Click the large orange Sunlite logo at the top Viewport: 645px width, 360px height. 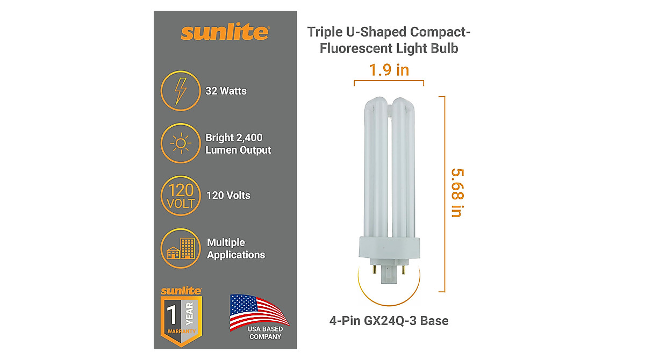click(x=224, y=32)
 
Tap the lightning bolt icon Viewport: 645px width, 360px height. click(x=181, y=91)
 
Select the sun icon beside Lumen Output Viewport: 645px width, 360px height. click(x=181, y=143)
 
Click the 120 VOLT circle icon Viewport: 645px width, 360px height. click(x=181, y=196)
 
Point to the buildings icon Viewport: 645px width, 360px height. click(x=181, y=248)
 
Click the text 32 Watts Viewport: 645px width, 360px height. click(x=226, y=91)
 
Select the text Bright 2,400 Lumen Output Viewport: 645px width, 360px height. click(x=238, y=144)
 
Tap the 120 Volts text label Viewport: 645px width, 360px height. click(x=228, y=196)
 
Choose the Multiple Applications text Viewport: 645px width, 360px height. click(x=236, y=249)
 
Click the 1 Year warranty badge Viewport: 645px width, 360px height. click(x=181, y=315)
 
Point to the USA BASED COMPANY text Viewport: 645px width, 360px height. click(x=265, y=333)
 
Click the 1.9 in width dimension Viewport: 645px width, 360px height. click(x=389, y=70)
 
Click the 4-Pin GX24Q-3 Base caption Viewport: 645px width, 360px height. click(x=389, y=321)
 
